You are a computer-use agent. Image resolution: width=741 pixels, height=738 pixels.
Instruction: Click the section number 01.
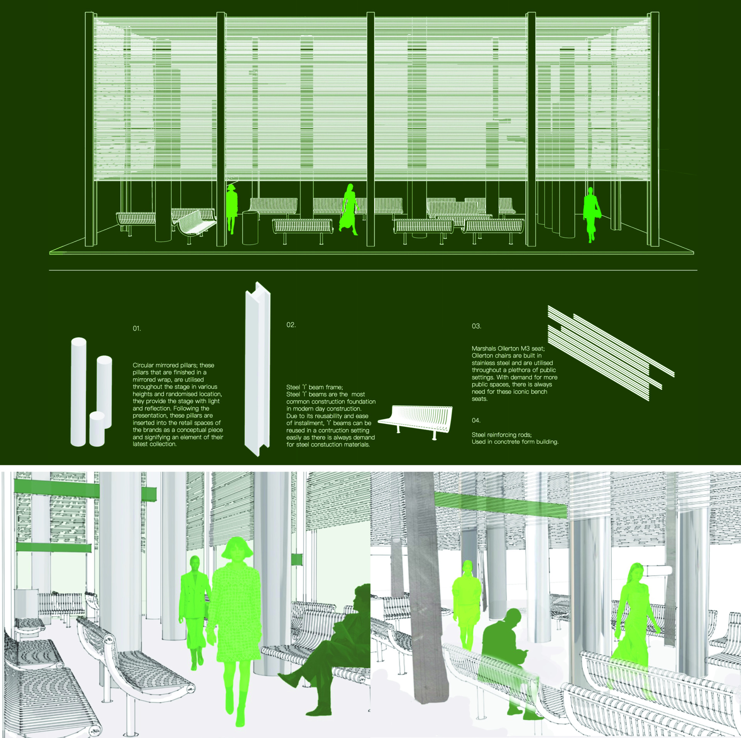(x=137, y=329)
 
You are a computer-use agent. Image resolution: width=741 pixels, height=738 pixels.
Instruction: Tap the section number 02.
(x=291, y=325)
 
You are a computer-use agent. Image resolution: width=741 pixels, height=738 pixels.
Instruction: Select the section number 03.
(x=476, y=326)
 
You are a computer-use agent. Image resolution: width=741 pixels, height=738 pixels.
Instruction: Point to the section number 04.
(x=476, y=420)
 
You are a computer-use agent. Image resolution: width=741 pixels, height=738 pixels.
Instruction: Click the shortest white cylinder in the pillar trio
(x=97, y=429)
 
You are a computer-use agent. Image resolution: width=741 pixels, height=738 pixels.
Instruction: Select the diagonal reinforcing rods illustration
(x=611, y=353)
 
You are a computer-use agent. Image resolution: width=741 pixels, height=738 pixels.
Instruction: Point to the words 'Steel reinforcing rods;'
(x=501, y=435)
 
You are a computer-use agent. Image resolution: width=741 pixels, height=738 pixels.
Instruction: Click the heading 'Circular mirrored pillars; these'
(x=173, y=365)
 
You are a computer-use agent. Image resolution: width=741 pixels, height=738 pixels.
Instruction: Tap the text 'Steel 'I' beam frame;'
(x=315, y=387)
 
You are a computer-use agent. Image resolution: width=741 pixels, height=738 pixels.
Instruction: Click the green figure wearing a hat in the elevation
(x=232, y=209)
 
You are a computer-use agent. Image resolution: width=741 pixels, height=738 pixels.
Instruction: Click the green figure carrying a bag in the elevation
(x=591, y=214)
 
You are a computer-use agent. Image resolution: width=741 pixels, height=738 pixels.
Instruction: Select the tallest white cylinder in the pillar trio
(x=78, y=392)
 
